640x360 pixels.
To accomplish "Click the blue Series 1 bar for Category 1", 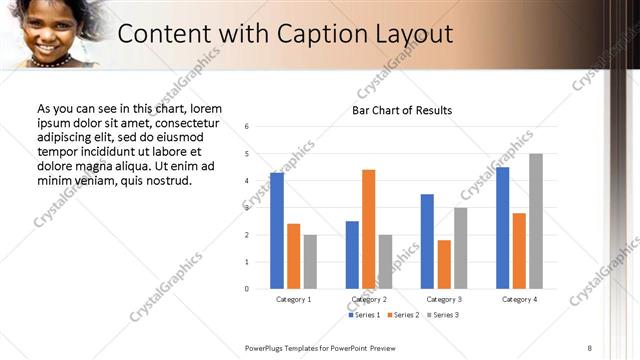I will point(277,231).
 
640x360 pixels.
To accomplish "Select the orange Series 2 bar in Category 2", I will point(368,229).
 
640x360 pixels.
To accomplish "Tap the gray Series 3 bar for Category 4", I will point(536,221).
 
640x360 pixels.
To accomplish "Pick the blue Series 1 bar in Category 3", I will point(427,241).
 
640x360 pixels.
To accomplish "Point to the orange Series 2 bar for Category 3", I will point(444,264).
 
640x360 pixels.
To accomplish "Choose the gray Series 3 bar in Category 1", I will point(310,262).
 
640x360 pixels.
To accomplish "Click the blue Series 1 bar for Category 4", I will point(502,228).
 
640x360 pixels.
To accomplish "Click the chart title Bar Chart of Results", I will point(402,110).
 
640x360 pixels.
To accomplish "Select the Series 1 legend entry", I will point(363,316).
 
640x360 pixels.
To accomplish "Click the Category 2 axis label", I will point(368,299).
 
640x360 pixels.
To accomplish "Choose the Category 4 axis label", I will point(519,299).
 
